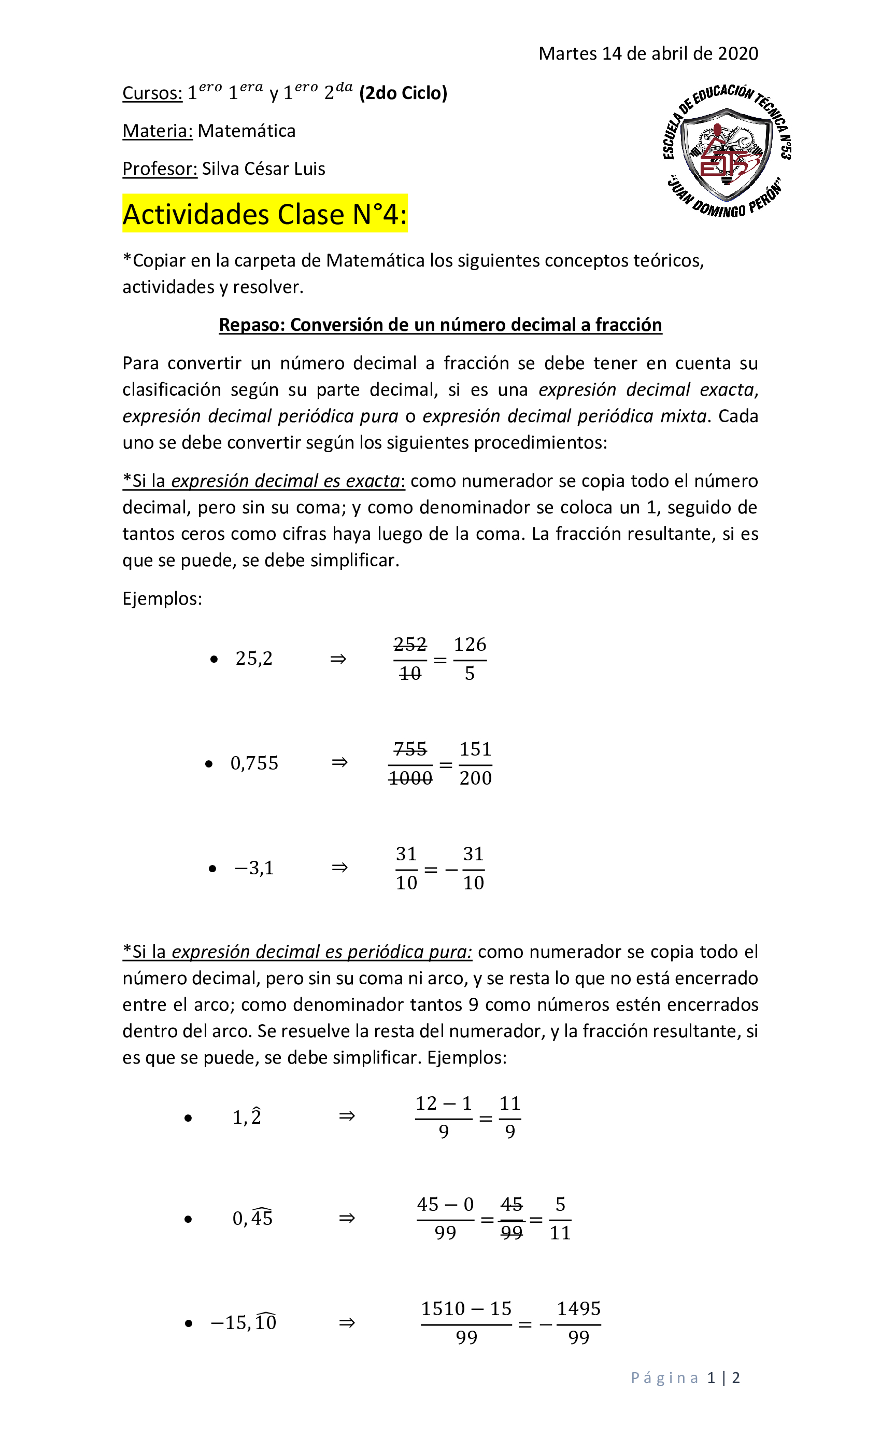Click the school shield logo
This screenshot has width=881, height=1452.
(x=726, y=150)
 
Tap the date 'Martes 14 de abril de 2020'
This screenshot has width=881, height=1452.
(x=648, y=53)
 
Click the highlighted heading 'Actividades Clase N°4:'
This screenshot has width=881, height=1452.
(x=264, y=214)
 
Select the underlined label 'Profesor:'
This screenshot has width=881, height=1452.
(x=160, y=169)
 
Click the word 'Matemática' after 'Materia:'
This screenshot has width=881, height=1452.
(x=246, y=131)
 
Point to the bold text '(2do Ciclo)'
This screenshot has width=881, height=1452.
(x=403, y=93)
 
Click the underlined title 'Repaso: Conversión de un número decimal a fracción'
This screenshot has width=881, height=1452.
(x=440, y=325)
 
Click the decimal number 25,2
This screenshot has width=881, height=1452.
(x=254, y=658)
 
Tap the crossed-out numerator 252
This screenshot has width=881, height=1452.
(x=410, y=644)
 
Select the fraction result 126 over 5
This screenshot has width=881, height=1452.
(x=470, y=659)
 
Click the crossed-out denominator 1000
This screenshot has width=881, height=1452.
(x=410, y=778)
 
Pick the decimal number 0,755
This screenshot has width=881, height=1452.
(x=254, y=763)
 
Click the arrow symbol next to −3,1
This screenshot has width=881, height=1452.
(x=339, y=868)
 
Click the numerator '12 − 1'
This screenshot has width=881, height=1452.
(x=444, y=1103)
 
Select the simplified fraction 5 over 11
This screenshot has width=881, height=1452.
(x=560, y=1219)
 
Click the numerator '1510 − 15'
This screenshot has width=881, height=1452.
(x=466, y=1309)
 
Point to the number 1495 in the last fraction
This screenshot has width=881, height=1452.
(x=578, y=1309)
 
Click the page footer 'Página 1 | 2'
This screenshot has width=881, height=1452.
(x=685, y=1378)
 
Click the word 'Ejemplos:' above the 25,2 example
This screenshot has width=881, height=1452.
(x=162, y=599)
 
